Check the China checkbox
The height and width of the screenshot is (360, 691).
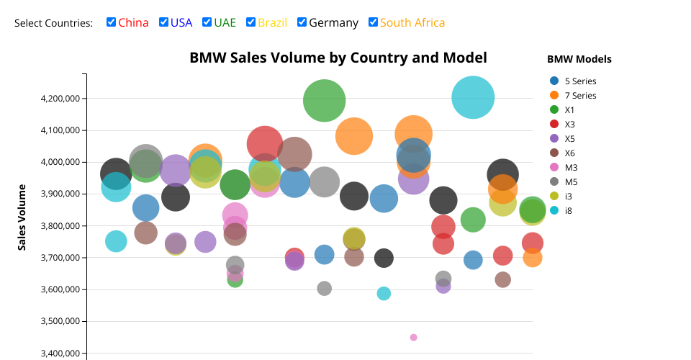pos(112,22)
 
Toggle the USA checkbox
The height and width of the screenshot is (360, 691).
pos(164,22)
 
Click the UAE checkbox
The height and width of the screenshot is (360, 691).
pos(207,22)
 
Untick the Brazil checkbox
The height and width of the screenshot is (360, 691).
pos(251,22)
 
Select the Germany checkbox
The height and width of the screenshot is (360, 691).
pos(302,22)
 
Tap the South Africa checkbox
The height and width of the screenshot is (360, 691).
pos(373,22)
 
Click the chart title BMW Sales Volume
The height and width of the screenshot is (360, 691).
pos(338,58)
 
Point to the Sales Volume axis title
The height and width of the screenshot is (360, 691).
pos(22,217)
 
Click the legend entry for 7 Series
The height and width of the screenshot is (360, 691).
pos(580,96)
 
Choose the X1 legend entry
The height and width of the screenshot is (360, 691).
pos(569,110)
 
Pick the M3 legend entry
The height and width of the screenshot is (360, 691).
pos(571,168)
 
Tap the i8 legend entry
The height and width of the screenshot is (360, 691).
pos(569,211)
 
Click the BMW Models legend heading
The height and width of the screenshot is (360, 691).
pos(579,59)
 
